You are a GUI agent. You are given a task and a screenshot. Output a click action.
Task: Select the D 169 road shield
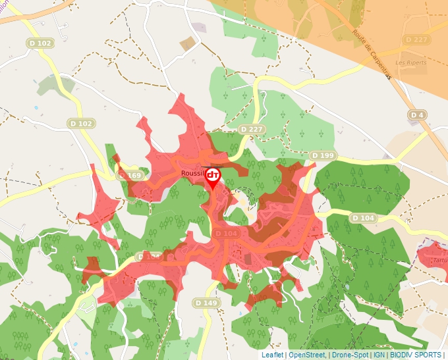click(x=130, y=176)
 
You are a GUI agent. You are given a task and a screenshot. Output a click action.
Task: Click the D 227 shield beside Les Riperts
click(x=416, y=39)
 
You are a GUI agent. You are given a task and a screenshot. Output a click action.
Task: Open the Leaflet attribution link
click(x=273, y=355)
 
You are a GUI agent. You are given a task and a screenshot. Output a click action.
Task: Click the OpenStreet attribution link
click(x=306, y=355)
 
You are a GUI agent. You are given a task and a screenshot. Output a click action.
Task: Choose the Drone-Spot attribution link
click(x=350, y=355)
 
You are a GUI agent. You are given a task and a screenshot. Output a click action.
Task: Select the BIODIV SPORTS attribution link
click(x=416, y=355)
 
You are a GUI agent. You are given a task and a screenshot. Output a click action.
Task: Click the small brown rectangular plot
click(x=189, y=44)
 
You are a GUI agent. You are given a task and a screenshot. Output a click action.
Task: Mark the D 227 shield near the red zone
click(x=252, y=130)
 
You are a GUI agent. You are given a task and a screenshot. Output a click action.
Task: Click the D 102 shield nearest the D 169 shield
click(x=82, y=123)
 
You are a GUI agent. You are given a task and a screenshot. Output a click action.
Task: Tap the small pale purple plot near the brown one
click(x=198, y=28)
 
